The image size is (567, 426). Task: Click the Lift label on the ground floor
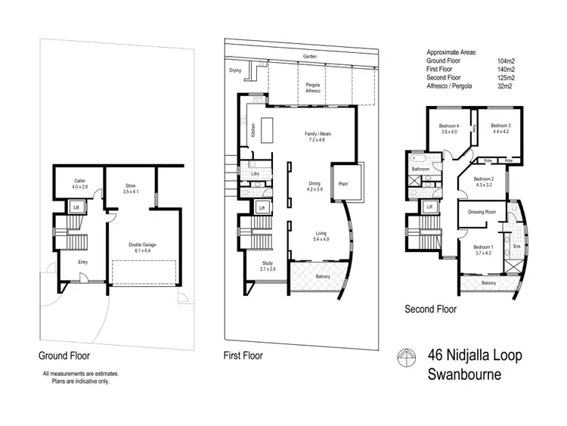76,207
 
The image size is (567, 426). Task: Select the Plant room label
342,182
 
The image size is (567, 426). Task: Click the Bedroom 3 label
500,128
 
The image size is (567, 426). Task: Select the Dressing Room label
482,212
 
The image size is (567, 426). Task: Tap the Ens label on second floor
516,246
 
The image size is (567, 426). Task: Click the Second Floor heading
430,309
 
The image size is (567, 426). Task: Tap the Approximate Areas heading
452,51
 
